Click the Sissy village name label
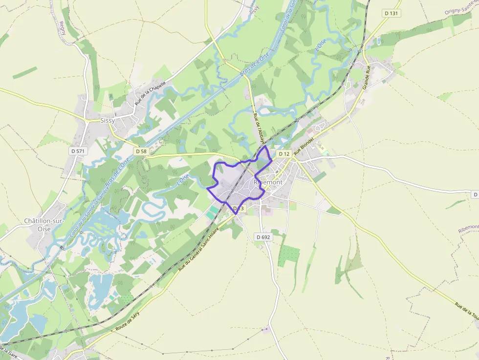click(x=107, y=120)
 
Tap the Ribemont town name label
click(x=268, y=182)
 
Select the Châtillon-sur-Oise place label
click(x=44, y=225)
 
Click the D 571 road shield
click(x=78, y=151)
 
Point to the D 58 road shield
click(x=141, y=151)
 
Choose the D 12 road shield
click(x=284, y=154)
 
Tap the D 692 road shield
click(x=263, y=237)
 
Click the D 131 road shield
click(x=392, y=13)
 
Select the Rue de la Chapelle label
click(x=151, y=93)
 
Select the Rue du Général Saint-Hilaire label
click(x=199, y=248)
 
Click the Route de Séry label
click(x=128, y=321)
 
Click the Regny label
click(x=62, y=30)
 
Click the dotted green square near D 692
click(x=289, y=255)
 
